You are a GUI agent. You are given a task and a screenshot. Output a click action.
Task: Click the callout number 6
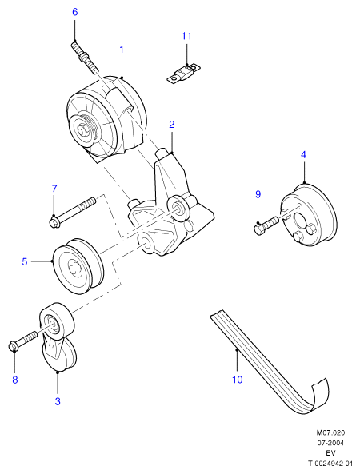point(74,12)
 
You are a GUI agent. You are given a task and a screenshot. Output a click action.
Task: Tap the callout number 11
point(186,36)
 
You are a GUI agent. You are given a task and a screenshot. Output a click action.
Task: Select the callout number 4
point(303,155)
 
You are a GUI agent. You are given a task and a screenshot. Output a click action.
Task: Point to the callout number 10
point(238,380)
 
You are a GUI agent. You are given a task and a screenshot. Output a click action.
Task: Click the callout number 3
point(58,401)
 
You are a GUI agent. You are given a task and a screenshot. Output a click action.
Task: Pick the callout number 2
point(171,124)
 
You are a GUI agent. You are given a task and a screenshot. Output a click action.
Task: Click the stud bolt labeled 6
point(85,57)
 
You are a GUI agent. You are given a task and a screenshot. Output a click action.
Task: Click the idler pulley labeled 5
point(78,266)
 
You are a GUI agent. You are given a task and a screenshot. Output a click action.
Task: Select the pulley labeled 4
point(308,215)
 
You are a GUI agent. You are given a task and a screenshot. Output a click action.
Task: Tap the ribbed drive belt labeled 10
point(270,362)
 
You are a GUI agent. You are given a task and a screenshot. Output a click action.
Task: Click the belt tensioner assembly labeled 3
point(58,337)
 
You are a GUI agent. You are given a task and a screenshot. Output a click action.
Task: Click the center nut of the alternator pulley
point(81,131)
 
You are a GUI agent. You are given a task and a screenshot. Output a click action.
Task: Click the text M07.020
point(330,432)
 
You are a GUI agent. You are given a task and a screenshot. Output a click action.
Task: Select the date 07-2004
point(330,443)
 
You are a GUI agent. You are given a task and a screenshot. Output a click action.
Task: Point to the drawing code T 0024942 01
point(330,464)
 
